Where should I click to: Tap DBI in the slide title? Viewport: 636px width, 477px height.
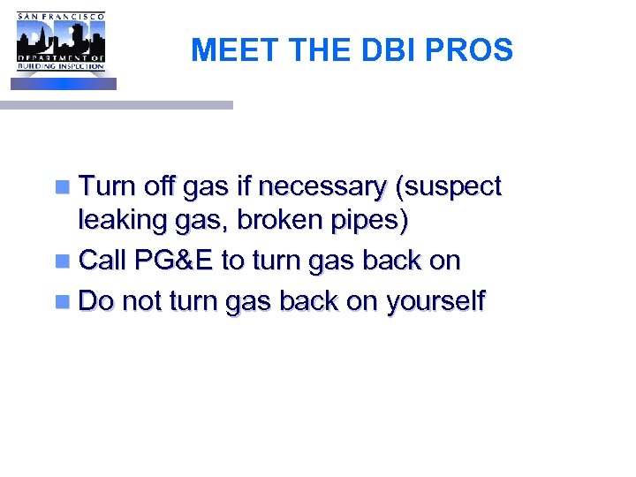388,50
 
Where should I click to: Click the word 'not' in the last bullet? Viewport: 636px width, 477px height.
142,301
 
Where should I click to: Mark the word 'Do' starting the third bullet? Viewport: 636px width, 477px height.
96,301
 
